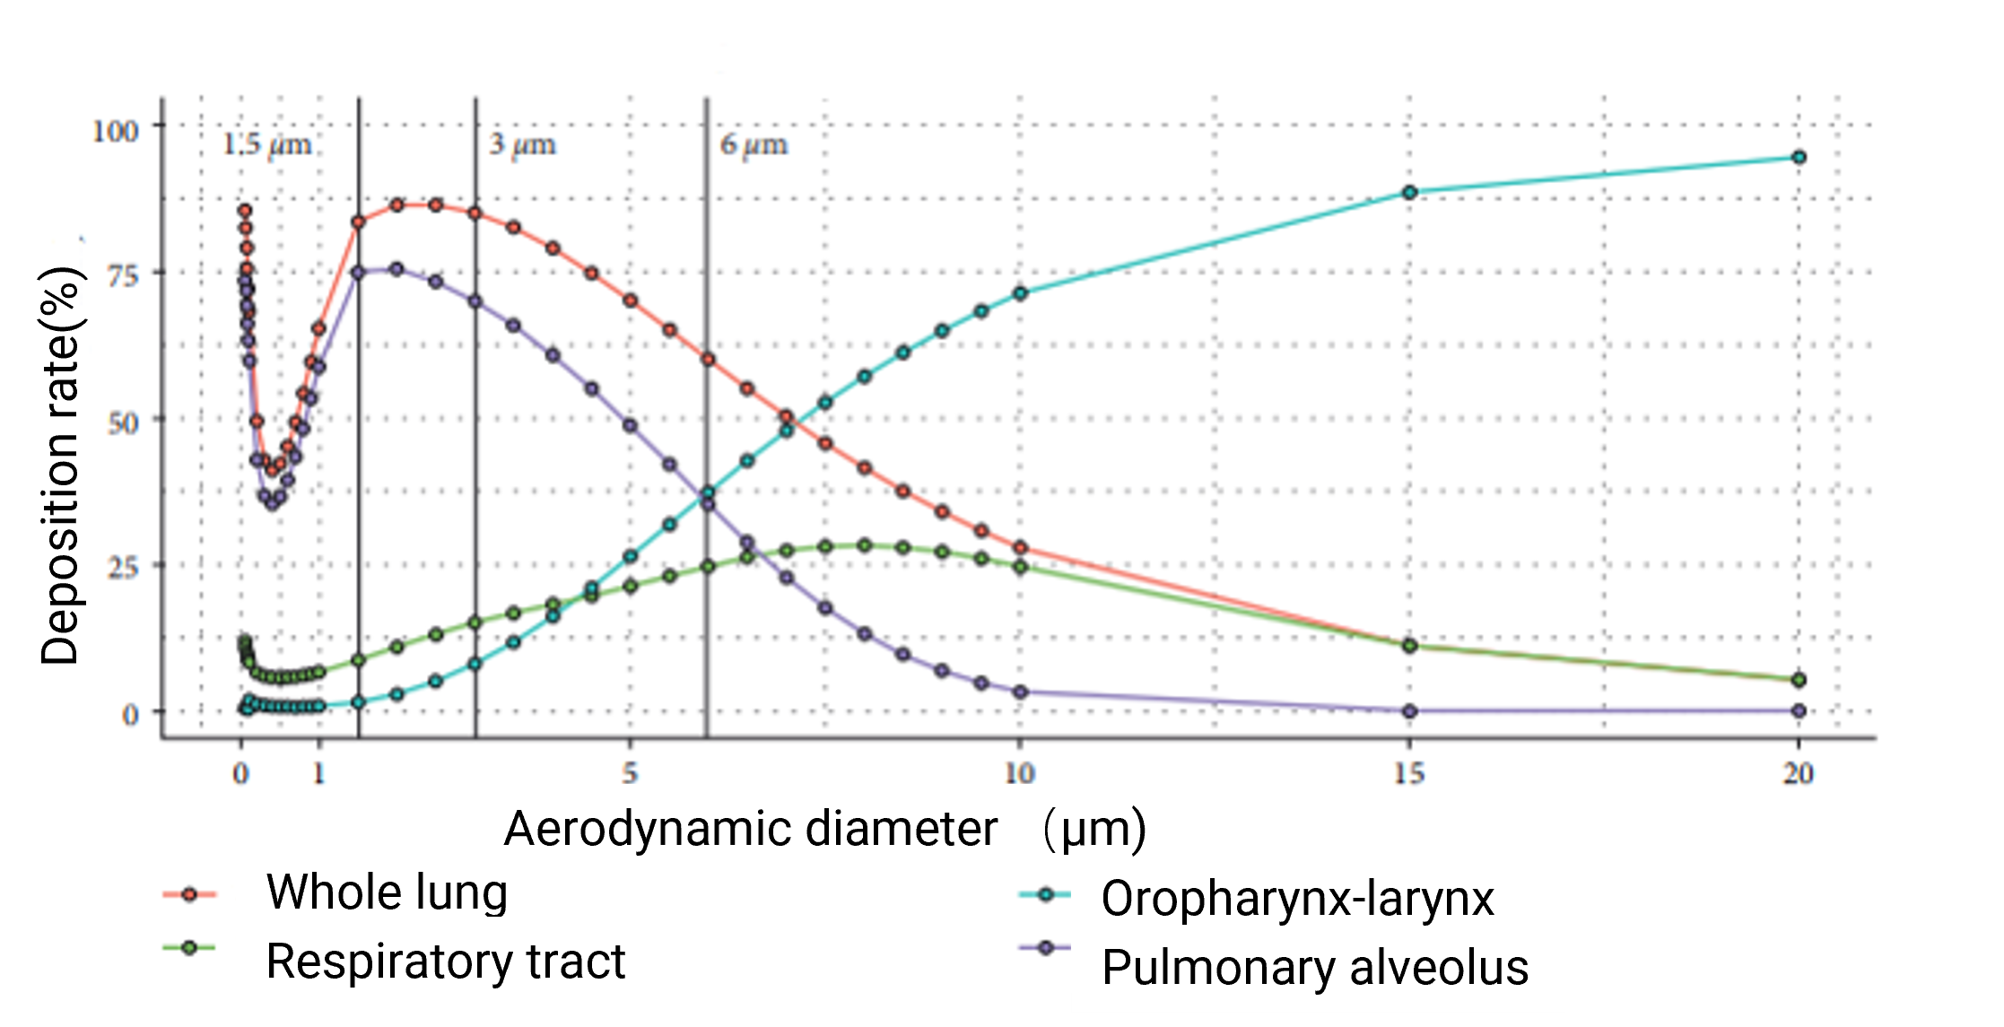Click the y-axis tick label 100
pos(116,131)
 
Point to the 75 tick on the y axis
pos(123,275)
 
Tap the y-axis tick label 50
pos(123,422)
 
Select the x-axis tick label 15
pos(1408,773)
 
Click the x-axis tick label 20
pos(1798,773)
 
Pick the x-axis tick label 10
pos(1019,773)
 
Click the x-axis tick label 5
pos(630,773)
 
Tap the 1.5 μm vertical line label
pos(266,144)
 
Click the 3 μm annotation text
pos(522,144)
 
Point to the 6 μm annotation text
pos(754,144)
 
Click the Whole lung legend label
pos(387,893)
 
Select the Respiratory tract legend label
pos(445,962)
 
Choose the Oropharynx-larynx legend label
pos(1297,899)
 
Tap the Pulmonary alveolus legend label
pos(1315,968)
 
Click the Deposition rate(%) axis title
pos(61,466)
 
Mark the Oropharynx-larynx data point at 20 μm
pos(1798,158)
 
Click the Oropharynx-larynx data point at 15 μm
pos(1409,192)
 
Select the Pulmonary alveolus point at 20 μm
pos(1798,710)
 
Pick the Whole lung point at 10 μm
pos(1020,547)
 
